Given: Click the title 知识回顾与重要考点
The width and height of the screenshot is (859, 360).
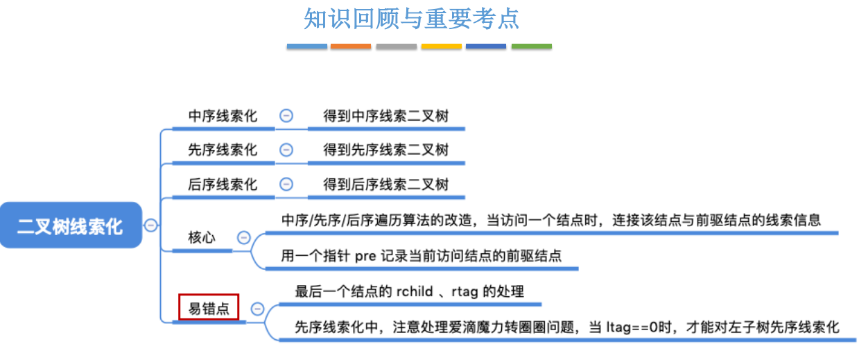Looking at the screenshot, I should [x=411, y=19].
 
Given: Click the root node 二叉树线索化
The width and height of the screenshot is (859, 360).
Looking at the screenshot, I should [x=70, y=225].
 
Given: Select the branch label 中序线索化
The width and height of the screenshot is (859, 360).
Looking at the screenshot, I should [x=223, y=116].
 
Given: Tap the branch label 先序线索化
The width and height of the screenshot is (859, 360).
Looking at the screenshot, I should [x=223, y=150].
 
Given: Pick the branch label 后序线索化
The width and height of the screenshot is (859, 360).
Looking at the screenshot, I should [x=223, y=185].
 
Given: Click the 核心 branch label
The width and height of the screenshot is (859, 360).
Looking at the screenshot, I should [x=202, y=237].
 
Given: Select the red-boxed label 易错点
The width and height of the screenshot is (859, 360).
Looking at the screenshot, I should [x=209, y=308].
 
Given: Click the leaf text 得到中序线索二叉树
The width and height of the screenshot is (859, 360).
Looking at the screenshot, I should [x=386, y=116].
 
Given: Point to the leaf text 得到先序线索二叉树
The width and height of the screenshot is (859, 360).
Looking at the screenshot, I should [x=386, y=150].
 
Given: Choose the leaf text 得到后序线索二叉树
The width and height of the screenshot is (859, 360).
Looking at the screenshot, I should [x=386, y=185].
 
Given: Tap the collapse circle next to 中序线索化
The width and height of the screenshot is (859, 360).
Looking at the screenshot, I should [x=286, y=116].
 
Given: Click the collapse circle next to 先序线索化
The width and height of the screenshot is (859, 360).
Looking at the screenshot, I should [x=286, y=150].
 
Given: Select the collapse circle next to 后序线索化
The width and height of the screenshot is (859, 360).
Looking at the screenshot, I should [x=286, y=185].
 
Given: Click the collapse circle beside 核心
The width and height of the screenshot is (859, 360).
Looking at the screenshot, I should [x=243, y=237].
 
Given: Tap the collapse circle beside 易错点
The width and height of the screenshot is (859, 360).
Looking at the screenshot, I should [x=257, y=309].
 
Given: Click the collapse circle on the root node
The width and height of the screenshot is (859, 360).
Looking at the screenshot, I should [x=150, y=225].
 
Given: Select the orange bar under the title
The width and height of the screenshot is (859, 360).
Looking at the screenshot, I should [x=351, y=46].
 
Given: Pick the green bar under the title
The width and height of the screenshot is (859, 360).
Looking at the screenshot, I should [x=532, y=46].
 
